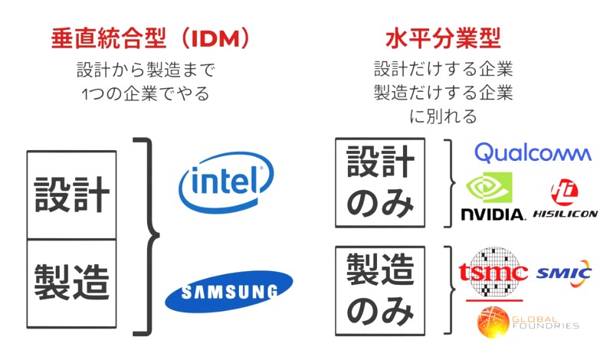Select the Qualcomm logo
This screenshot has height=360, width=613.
click(x=533, y=152)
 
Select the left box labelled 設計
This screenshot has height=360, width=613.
click(x=72, y=195)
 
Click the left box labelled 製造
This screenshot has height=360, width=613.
click(x=72, y=283)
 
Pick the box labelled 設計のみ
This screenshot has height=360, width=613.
click(x=380, y=182)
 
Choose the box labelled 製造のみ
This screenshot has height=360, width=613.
click(x=380, y=290)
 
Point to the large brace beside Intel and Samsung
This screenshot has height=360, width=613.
click(x=149, y=236)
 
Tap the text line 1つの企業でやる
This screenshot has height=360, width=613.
click(x=146, y=94)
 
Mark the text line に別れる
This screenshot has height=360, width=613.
click(x=444, y=116)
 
